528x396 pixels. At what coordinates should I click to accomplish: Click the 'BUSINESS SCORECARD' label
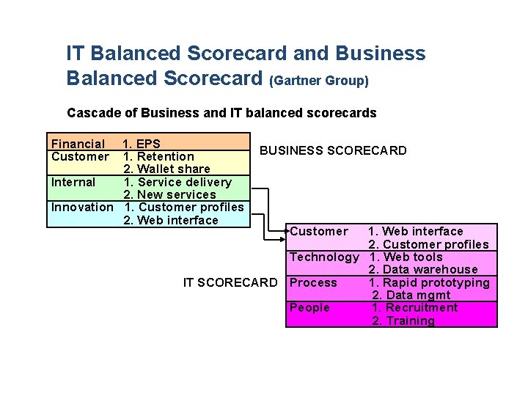pos(333,151)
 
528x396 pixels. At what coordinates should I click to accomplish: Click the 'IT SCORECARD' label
pos(230,283)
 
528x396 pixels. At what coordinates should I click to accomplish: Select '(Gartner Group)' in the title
pos(319,81)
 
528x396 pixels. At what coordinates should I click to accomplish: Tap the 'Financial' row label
pos(77,144)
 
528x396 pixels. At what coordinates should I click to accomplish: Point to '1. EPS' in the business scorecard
pos(142,144)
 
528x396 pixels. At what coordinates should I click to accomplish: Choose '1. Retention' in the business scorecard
pos(158,156)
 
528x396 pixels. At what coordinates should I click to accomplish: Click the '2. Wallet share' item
pos(166,169)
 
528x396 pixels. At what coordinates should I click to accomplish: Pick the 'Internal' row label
pos(73,182)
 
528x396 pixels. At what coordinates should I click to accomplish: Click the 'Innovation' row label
pos(82,208)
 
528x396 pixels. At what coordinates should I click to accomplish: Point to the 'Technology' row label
pos(324,257)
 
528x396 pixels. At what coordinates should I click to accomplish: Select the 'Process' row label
pos(313,283)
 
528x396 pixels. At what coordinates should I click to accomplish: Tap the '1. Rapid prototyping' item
pos(429,283)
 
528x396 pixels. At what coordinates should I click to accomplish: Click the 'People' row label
pos(309,308)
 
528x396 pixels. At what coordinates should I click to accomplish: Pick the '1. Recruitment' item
pos(414,308)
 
